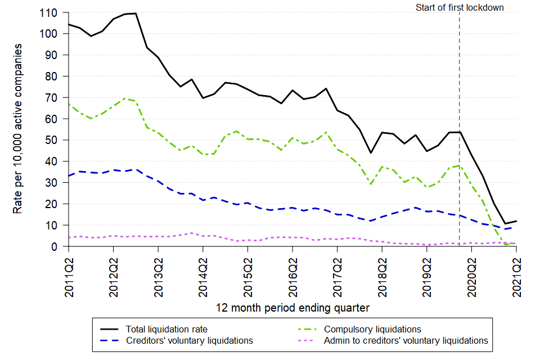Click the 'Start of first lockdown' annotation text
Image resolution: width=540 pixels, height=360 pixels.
pyautogui.click(x=460, y=7)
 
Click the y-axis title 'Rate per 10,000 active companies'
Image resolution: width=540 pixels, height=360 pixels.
pyautogui.click(x=18, y=129)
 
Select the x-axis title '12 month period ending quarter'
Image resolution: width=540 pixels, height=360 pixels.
pyautogui.click(x=292, y=308)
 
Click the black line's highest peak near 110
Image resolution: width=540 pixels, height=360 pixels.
pyautogui.click(x=136, y=13)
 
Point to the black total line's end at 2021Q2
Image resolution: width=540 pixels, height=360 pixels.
pyautogui.click(x=516, y=221)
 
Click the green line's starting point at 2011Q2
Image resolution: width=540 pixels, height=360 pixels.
pyautogui.click(x=69, y=104)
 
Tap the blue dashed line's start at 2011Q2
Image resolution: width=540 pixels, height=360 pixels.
pyautogui.click(x=69, y=176)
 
